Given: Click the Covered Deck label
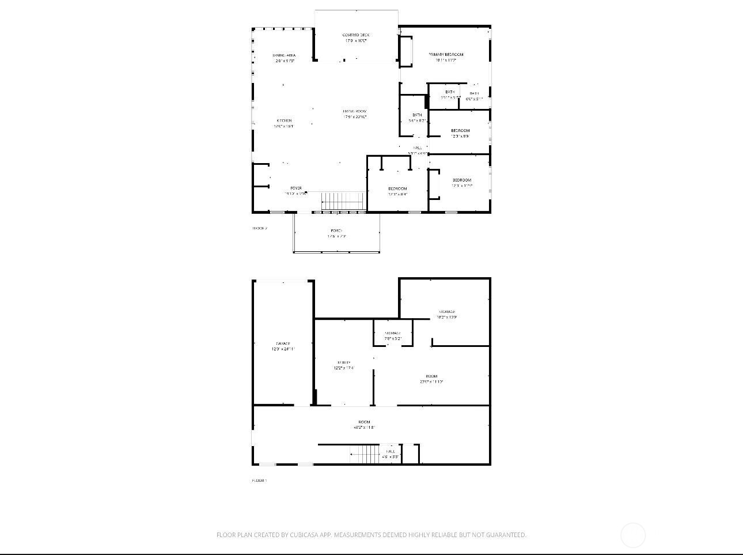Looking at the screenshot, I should pos(355,35).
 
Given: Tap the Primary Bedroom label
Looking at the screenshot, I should pos(446,55).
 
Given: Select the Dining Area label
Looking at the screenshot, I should pos(285,55).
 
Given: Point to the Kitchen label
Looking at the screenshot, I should pos(284,120).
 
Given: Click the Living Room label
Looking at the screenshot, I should pos(355,111).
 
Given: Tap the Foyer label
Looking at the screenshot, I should pos(296,188).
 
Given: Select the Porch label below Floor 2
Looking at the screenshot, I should pos(336,231).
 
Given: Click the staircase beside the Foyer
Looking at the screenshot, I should pos(343,201).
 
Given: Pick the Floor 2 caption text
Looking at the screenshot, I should pos(260,228).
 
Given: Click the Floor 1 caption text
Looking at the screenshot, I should pos(259,481).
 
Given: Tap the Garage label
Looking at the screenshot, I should pos(283,343).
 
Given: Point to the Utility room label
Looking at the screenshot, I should pos(344,363).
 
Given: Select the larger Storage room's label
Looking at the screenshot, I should pos(447,312).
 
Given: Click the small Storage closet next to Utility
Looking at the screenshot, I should pos(393,333).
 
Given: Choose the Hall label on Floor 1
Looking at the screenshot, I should pos(391,451).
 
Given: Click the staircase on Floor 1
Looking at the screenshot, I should pos(364,454).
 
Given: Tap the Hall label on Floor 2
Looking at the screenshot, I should pos(418,148).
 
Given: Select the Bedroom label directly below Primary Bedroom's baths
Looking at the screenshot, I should pos(460,131).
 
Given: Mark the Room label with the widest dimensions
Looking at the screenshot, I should pos(364,422).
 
